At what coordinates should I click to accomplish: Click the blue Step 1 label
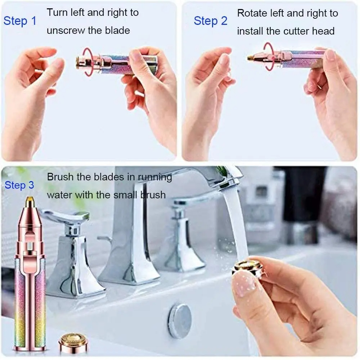point(20,21)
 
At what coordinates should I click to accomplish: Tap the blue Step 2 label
point(211,21)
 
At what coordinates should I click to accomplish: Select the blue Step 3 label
point(19,185)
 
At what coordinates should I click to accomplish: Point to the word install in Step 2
point(250,31)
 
